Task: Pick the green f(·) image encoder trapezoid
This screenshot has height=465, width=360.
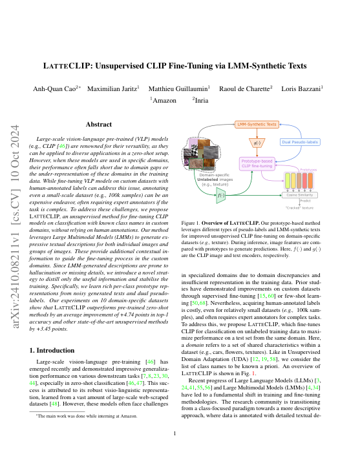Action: point(221,194)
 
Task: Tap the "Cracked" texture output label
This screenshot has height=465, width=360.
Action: point(301,208)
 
